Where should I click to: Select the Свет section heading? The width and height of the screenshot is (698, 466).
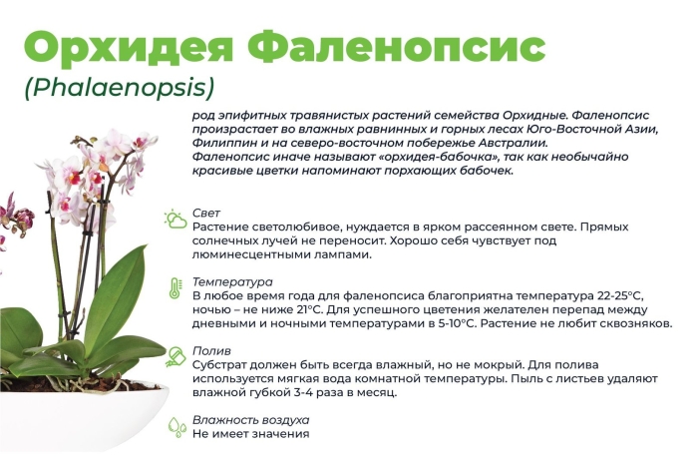206,213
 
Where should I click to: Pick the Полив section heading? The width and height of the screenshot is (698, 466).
211,350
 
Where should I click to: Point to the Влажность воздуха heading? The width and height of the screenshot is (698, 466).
250,419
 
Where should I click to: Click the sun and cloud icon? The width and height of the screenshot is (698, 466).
176,219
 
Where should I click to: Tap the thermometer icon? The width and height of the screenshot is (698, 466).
175,289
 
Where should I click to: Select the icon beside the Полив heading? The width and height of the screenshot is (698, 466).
176,357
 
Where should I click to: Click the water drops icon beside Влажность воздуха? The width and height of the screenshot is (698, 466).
176,427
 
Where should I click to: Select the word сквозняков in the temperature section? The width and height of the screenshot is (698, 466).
635,323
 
